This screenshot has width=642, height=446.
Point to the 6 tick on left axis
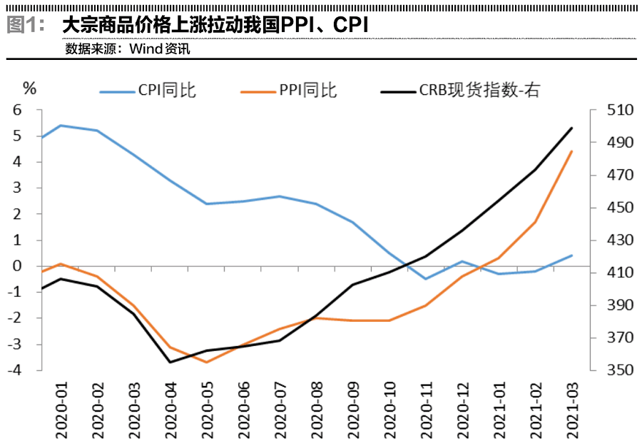point(18,110)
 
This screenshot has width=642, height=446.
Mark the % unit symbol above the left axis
point(29,88)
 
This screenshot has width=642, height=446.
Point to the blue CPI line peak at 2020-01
point(61,126)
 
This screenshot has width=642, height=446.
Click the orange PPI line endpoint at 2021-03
point(573,151)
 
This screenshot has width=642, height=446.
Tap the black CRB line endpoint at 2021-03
point(573,128)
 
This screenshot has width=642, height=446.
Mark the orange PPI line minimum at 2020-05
point(207,362)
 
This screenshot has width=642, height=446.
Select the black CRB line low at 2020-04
point(170,362)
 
